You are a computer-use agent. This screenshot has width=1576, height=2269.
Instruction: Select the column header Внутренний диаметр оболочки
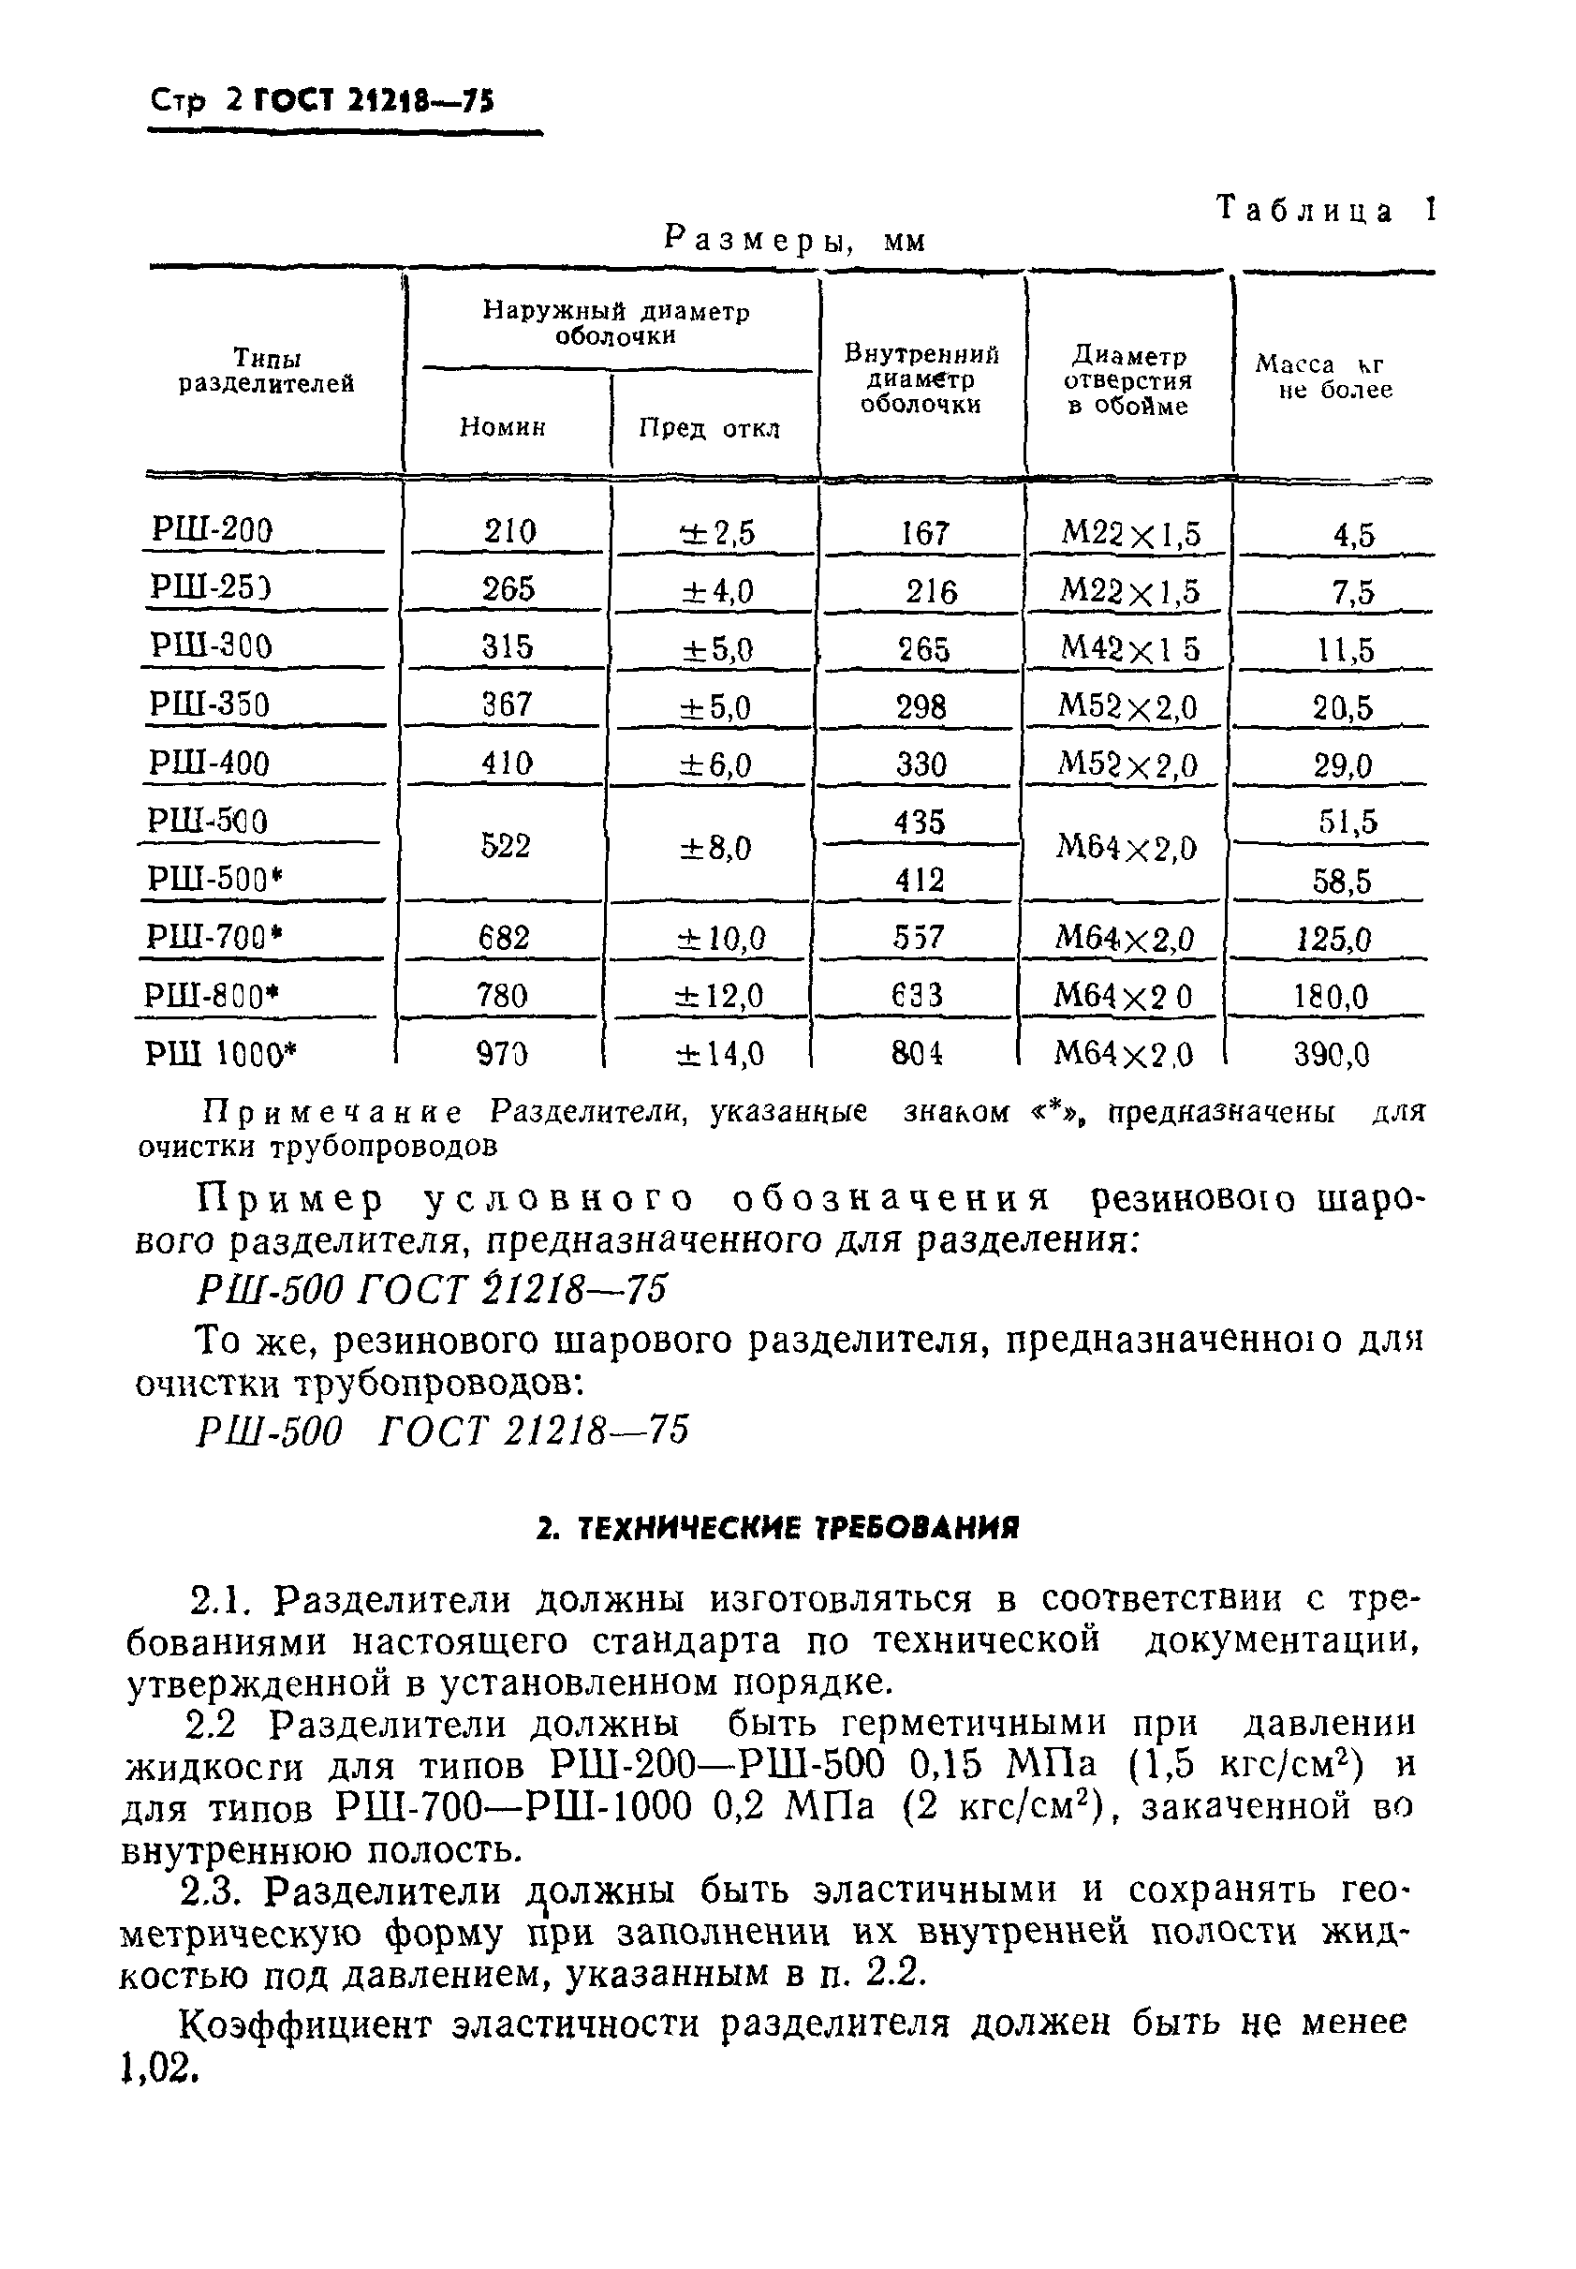[x=921, y=379]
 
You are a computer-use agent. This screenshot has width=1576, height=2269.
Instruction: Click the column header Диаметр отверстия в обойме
[x=1127, y=381]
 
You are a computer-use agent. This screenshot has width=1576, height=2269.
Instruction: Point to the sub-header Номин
[x=503, y=427]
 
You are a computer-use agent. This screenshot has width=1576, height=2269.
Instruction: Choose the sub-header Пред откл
[x=709, y=428]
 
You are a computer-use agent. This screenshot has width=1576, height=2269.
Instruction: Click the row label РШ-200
[x=212, y=530]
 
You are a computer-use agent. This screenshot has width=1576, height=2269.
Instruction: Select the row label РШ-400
[x=209, y=764]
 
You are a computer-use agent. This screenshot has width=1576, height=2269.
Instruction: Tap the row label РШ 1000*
[x=220, y=1054]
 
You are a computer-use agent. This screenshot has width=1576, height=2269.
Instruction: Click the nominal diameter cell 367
[x=507, y=705]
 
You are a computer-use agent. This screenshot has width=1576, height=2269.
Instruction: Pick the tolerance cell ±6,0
[x=714, y=764]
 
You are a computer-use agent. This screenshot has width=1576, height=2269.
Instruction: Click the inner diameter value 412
[x=920, y=879]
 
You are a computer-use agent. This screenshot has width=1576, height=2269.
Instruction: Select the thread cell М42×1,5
[x=1129, y=648]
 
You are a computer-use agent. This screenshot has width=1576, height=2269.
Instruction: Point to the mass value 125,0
[x=1334, y=939]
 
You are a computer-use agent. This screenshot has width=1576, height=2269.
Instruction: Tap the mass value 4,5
[x=1353, y=534]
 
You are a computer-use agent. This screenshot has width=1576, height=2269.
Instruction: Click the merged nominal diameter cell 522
[x=505, y=847]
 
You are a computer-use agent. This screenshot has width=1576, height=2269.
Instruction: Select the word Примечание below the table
[x=332, y=1113]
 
